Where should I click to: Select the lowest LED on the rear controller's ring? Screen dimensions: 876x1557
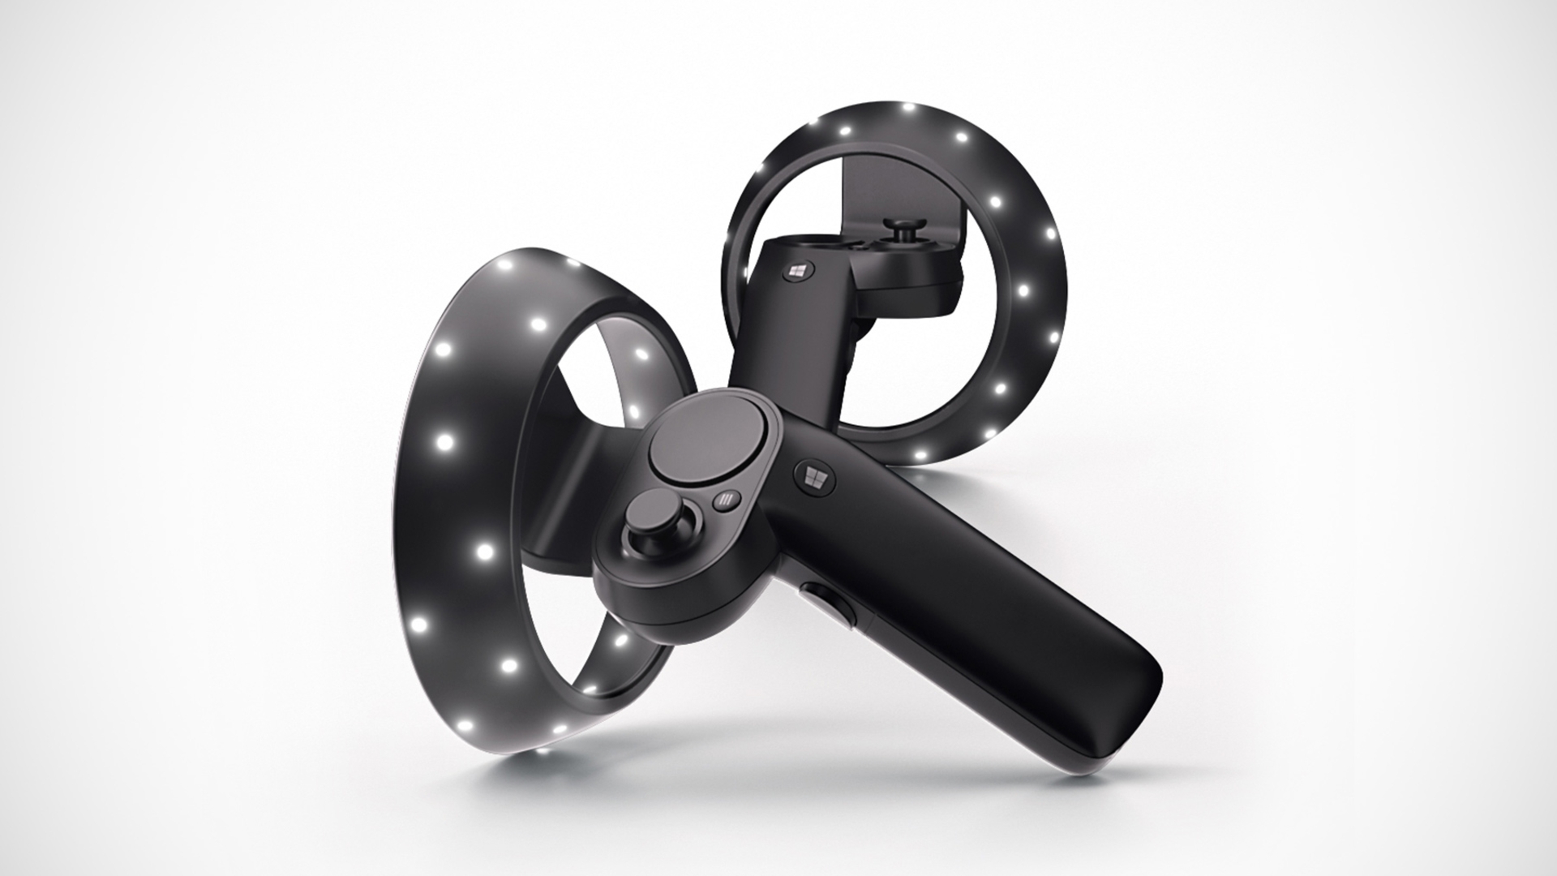coord(920,455)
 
